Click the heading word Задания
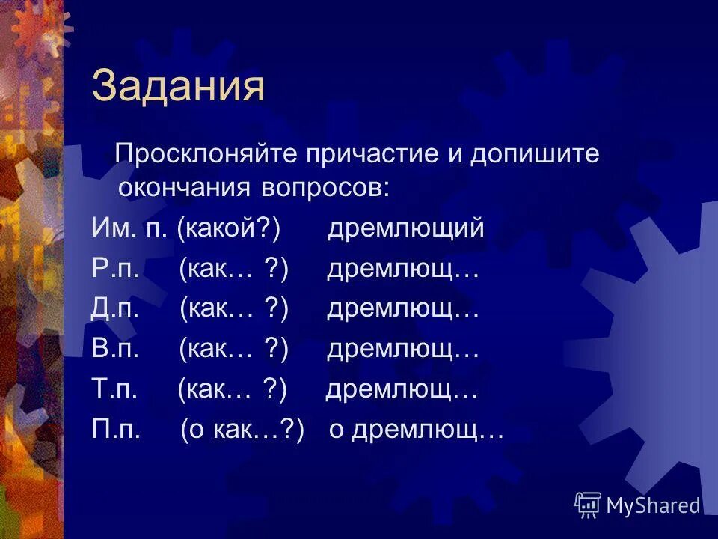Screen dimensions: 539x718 click(x=178, y=87)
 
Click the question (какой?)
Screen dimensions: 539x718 click(x=229, y=228)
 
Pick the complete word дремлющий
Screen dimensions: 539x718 click(x=405, y=228)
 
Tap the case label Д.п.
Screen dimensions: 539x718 click(x=117, y=309)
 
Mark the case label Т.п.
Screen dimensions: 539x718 click(x=114, y=390)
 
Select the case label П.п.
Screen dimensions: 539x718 click(x=116, y=431)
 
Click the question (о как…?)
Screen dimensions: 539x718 click(x=242, y=431)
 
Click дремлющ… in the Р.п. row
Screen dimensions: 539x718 click(x=402, y=269)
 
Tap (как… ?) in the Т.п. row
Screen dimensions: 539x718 click(x=233, y=390)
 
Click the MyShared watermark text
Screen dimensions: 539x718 click(x=653, y=505)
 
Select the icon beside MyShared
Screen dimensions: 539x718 click(x=588, y=505)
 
